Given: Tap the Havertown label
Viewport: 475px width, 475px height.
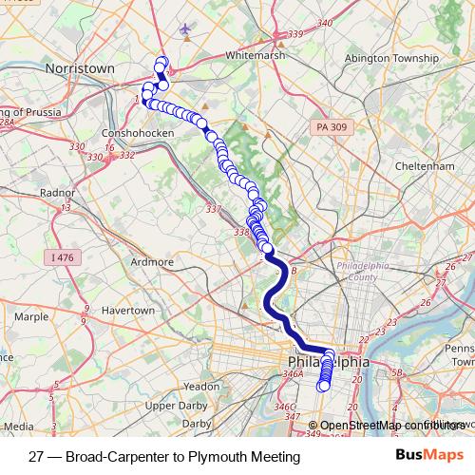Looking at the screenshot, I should [127, 311].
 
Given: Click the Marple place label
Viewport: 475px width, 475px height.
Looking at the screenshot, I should [31, 316].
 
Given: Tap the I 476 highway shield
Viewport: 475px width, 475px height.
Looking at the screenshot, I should [64, 257].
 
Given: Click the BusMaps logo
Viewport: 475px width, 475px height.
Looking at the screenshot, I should [428, 456].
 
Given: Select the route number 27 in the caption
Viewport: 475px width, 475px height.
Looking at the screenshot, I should [37, 457].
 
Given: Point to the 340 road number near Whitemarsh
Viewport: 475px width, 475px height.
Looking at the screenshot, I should [326, 23].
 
